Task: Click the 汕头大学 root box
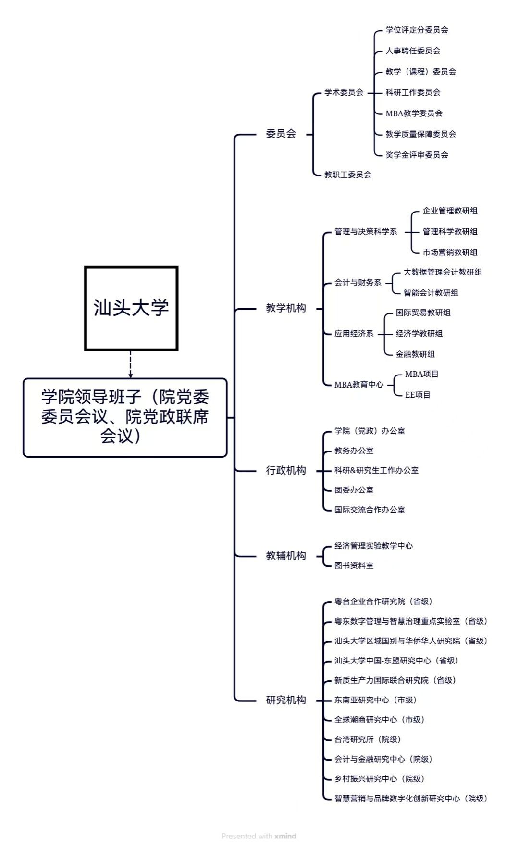click(x=131, y=308)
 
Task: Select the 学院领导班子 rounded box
click(x=125, y=417)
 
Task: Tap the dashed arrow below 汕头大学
click(x=131, y=364)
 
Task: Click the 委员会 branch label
click(x=281, y=134)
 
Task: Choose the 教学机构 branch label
click(x=286, y=308)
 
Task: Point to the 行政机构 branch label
click(x=286, y=470)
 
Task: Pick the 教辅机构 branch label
click(x=286, y=556)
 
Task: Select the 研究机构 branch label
click(x=286, y=700)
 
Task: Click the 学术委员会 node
click(x=344, y=92)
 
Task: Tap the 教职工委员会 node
click(x=348, y=175)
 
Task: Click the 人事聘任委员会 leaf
click(x=413, y=50)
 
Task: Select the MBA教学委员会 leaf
click(x=414, y=113)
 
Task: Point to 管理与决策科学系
click(x=366, y=232)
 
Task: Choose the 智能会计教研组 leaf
click(x=431, y=293)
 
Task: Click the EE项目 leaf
click(x=418, y=395)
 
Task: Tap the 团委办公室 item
click(x=354, y=490)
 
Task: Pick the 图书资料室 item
click(x=354, y=565)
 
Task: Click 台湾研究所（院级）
click(x=368, y=739)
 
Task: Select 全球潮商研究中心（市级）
click(x=379, y=720)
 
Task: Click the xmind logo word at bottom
click(x=285, y=836)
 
